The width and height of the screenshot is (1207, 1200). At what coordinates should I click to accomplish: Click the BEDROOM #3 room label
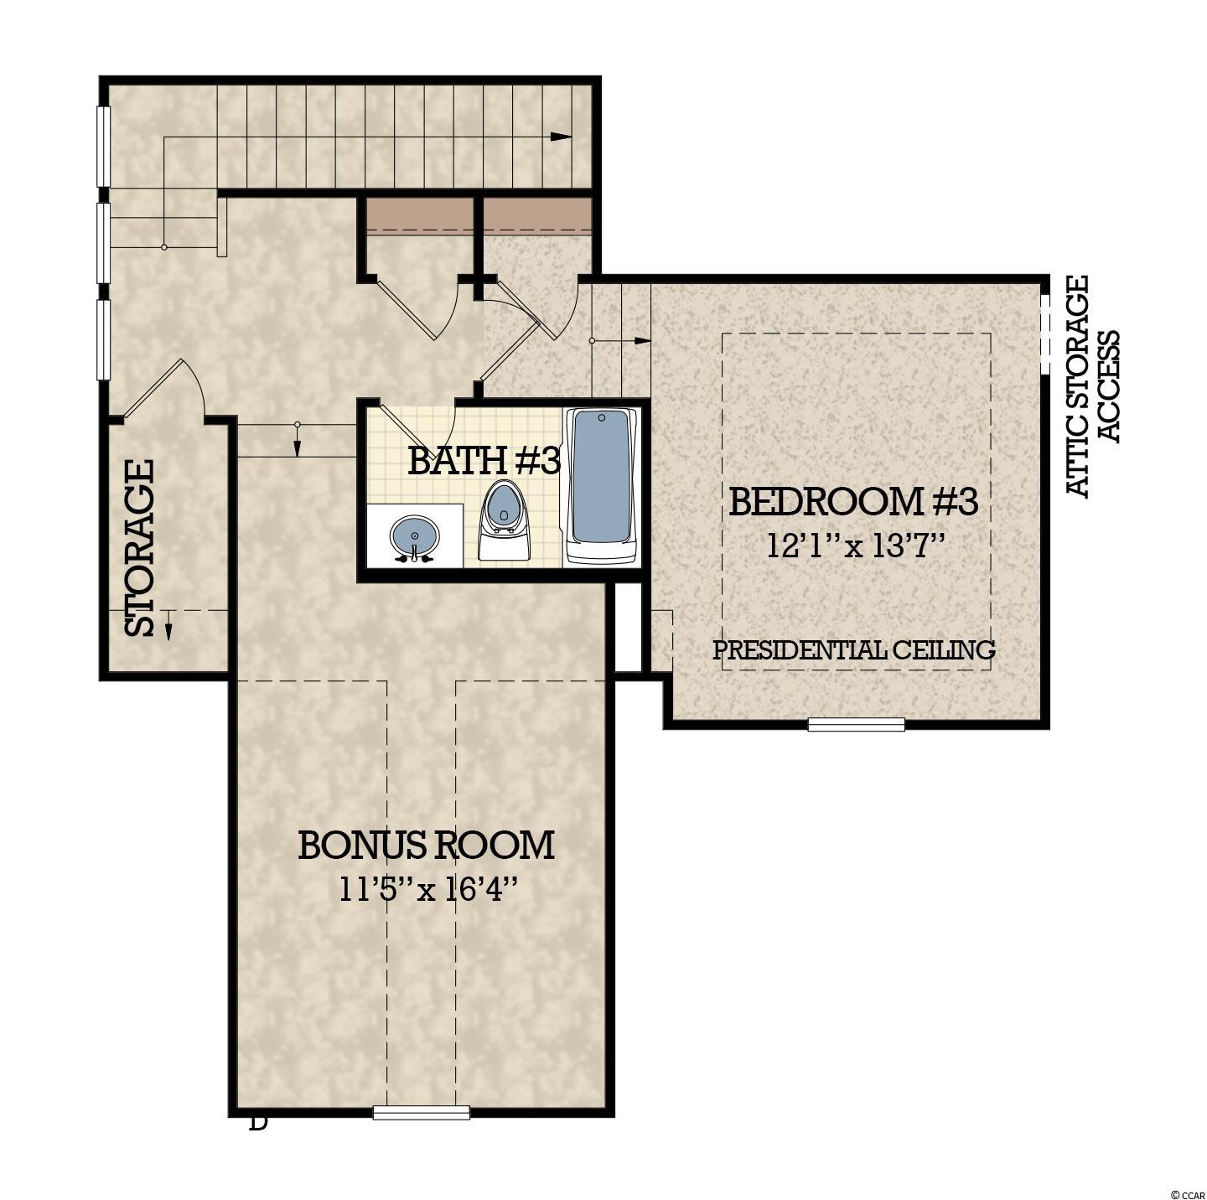coord(853,502)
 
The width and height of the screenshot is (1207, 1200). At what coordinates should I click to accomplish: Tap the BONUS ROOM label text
coord(426,845)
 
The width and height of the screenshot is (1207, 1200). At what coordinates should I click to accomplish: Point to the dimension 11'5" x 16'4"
coord(430,889)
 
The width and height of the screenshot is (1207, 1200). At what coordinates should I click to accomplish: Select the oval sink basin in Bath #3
coord(415,537)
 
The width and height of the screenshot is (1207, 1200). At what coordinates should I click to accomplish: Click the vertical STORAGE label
coord(139,548)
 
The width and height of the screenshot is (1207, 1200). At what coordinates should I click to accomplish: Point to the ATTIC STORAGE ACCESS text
coord(1092,386)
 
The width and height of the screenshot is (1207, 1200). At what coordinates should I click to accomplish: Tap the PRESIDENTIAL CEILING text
coord(854,650)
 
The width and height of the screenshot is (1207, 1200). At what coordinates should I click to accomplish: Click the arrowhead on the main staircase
coord(562,137)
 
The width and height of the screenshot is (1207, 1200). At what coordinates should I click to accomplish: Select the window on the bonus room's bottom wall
coord(421,691)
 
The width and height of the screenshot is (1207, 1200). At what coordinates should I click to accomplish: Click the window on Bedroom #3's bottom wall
coord(857,724)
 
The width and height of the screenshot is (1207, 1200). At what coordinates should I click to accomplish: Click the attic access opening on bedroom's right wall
coord(1044,334)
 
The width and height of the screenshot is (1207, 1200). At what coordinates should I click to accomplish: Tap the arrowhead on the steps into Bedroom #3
coord(643,341)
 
